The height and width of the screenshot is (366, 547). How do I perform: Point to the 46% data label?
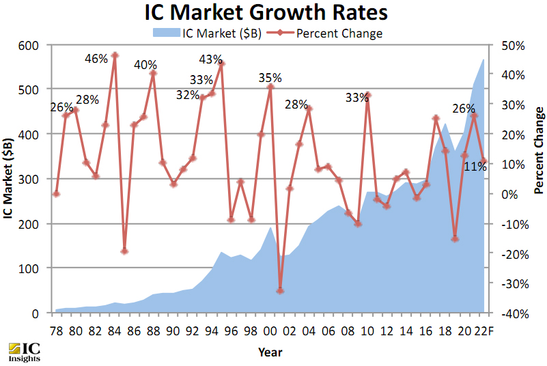point(96,59)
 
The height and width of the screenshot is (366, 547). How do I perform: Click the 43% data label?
point(210,59)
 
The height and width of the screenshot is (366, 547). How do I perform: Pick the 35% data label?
point(270,78)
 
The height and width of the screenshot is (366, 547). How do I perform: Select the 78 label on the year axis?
point(57,330)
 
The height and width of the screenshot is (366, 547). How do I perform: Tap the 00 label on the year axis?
point(270,330)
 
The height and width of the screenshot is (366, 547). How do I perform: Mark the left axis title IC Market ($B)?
point(9,179)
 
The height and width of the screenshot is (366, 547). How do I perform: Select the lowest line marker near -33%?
point(280,291)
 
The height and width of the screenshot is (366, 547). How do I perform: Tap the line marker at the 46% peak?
point(115,55)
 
